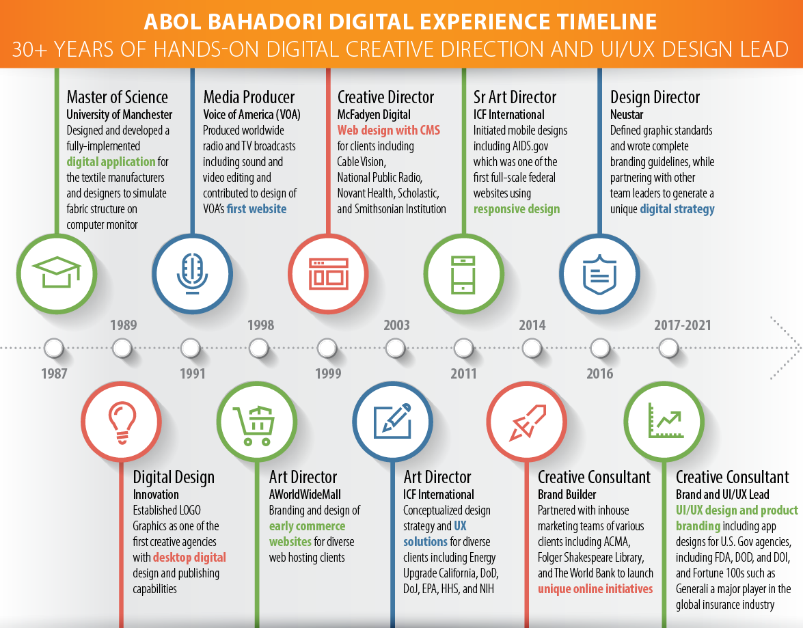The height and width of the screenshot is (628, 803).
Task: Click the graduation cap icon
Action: point(56,271)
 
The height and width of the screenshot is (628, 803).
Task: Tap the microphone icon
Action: point(193,273)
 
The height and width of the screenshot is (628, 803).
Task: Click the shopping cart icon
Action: point(254,425)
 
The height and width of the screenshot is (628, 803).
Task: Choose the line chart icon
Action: point(666,420)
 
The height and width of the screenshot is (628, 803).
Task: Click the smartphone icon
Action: point(463,275)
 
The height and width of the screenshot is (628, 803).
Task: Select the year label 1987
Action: point(54,373)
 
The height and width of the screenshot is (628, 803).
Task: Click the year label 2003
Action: point(397,325)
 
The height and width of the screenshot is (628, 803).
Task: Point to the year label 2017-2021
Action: point(683,325)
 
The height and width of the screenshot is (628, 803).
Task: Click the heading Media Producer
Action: point(249,97)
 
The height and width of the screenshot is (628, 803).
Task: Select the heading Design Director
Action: point(655,97)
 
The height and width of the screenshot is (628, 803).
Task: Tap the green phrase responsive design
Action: point(517,209)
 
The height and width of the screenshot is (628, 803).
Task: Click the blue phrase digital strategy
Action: point(677,209)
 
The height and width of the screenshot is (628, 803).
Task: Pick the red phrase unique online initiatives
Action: point(595,589)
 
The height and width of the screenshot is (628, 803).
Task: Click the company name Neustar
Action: point(626,114)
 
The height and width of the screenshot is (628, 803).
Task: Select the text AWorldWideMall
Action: point(305,494)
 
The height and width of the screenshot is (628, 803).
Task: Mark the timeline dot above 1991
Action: point(191,349)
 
